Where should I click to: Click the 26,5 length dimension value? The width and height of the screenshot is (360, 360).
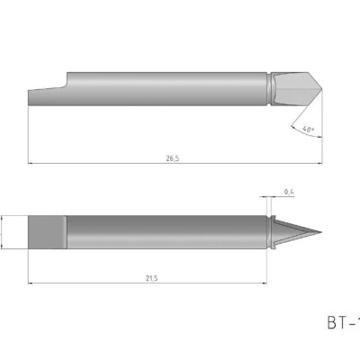172,158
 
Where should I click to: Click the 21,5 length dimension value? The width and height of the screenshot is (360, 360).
151,278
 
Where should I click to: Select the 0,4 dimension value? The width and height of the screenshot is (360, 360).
288,192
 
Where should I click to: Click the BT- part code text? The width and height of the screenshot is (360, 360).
341,321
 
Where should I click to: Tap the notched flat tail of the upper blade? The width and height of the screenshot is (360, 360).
45,97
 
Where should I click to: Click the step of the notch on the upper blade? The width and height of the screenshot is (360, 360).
67,83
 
